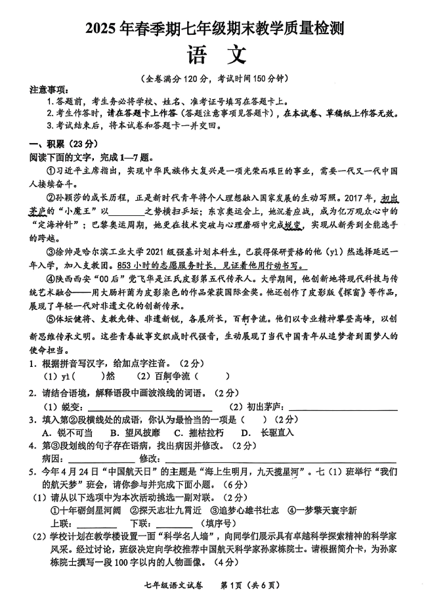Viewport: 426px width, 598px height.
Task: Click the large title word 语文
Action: point(212,55)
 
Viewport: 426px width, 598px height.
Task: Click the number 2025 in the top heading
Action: point(101,28)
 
